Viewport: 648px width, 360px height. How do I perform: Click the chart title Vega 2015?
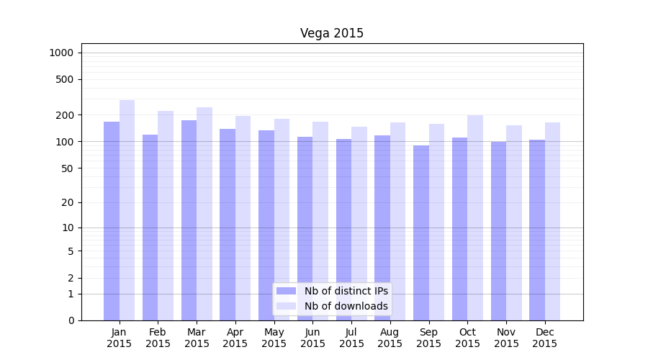tap(332, 33)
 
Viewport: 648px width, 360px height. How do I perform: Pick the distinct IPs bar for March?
tap(189, 220)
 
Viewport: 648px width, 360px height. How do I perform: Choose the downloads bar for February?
tap(166, 215)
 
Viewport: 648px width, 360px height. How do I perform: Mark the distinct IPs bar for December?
tap(537, 230)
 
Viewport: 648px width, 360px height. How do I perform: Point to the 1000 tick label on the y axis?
tap(61, 53)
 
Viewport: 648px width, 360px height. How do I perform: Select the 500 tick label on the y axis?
tap(66, 79)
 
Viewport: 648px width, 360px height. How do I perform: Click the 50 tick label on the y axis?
tap(68, 168)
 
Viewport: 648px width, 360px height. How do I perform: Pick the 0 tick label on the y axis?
tap(71, 320)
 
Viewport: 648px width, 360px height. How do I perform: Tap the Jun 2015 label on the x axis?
tap(312, 338)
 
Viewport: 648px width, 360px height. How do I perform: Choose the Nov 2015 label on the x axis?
tap(506, 338)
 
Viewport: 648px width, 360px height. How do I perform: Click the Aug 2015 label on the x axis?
tap(390, 338)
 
